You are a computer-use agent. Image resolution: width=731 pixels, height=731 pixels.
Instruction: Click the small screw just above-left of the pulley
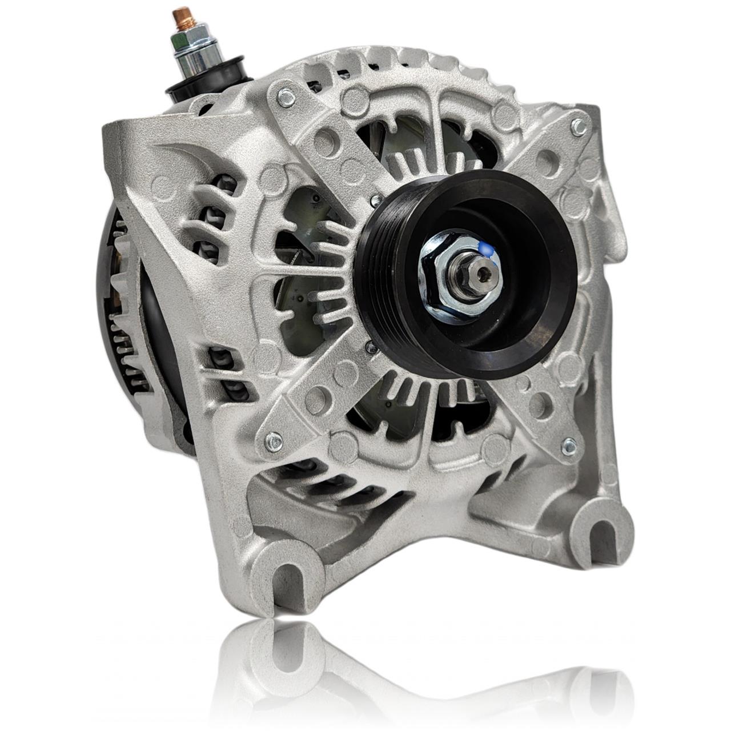(x=374, y=200)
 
